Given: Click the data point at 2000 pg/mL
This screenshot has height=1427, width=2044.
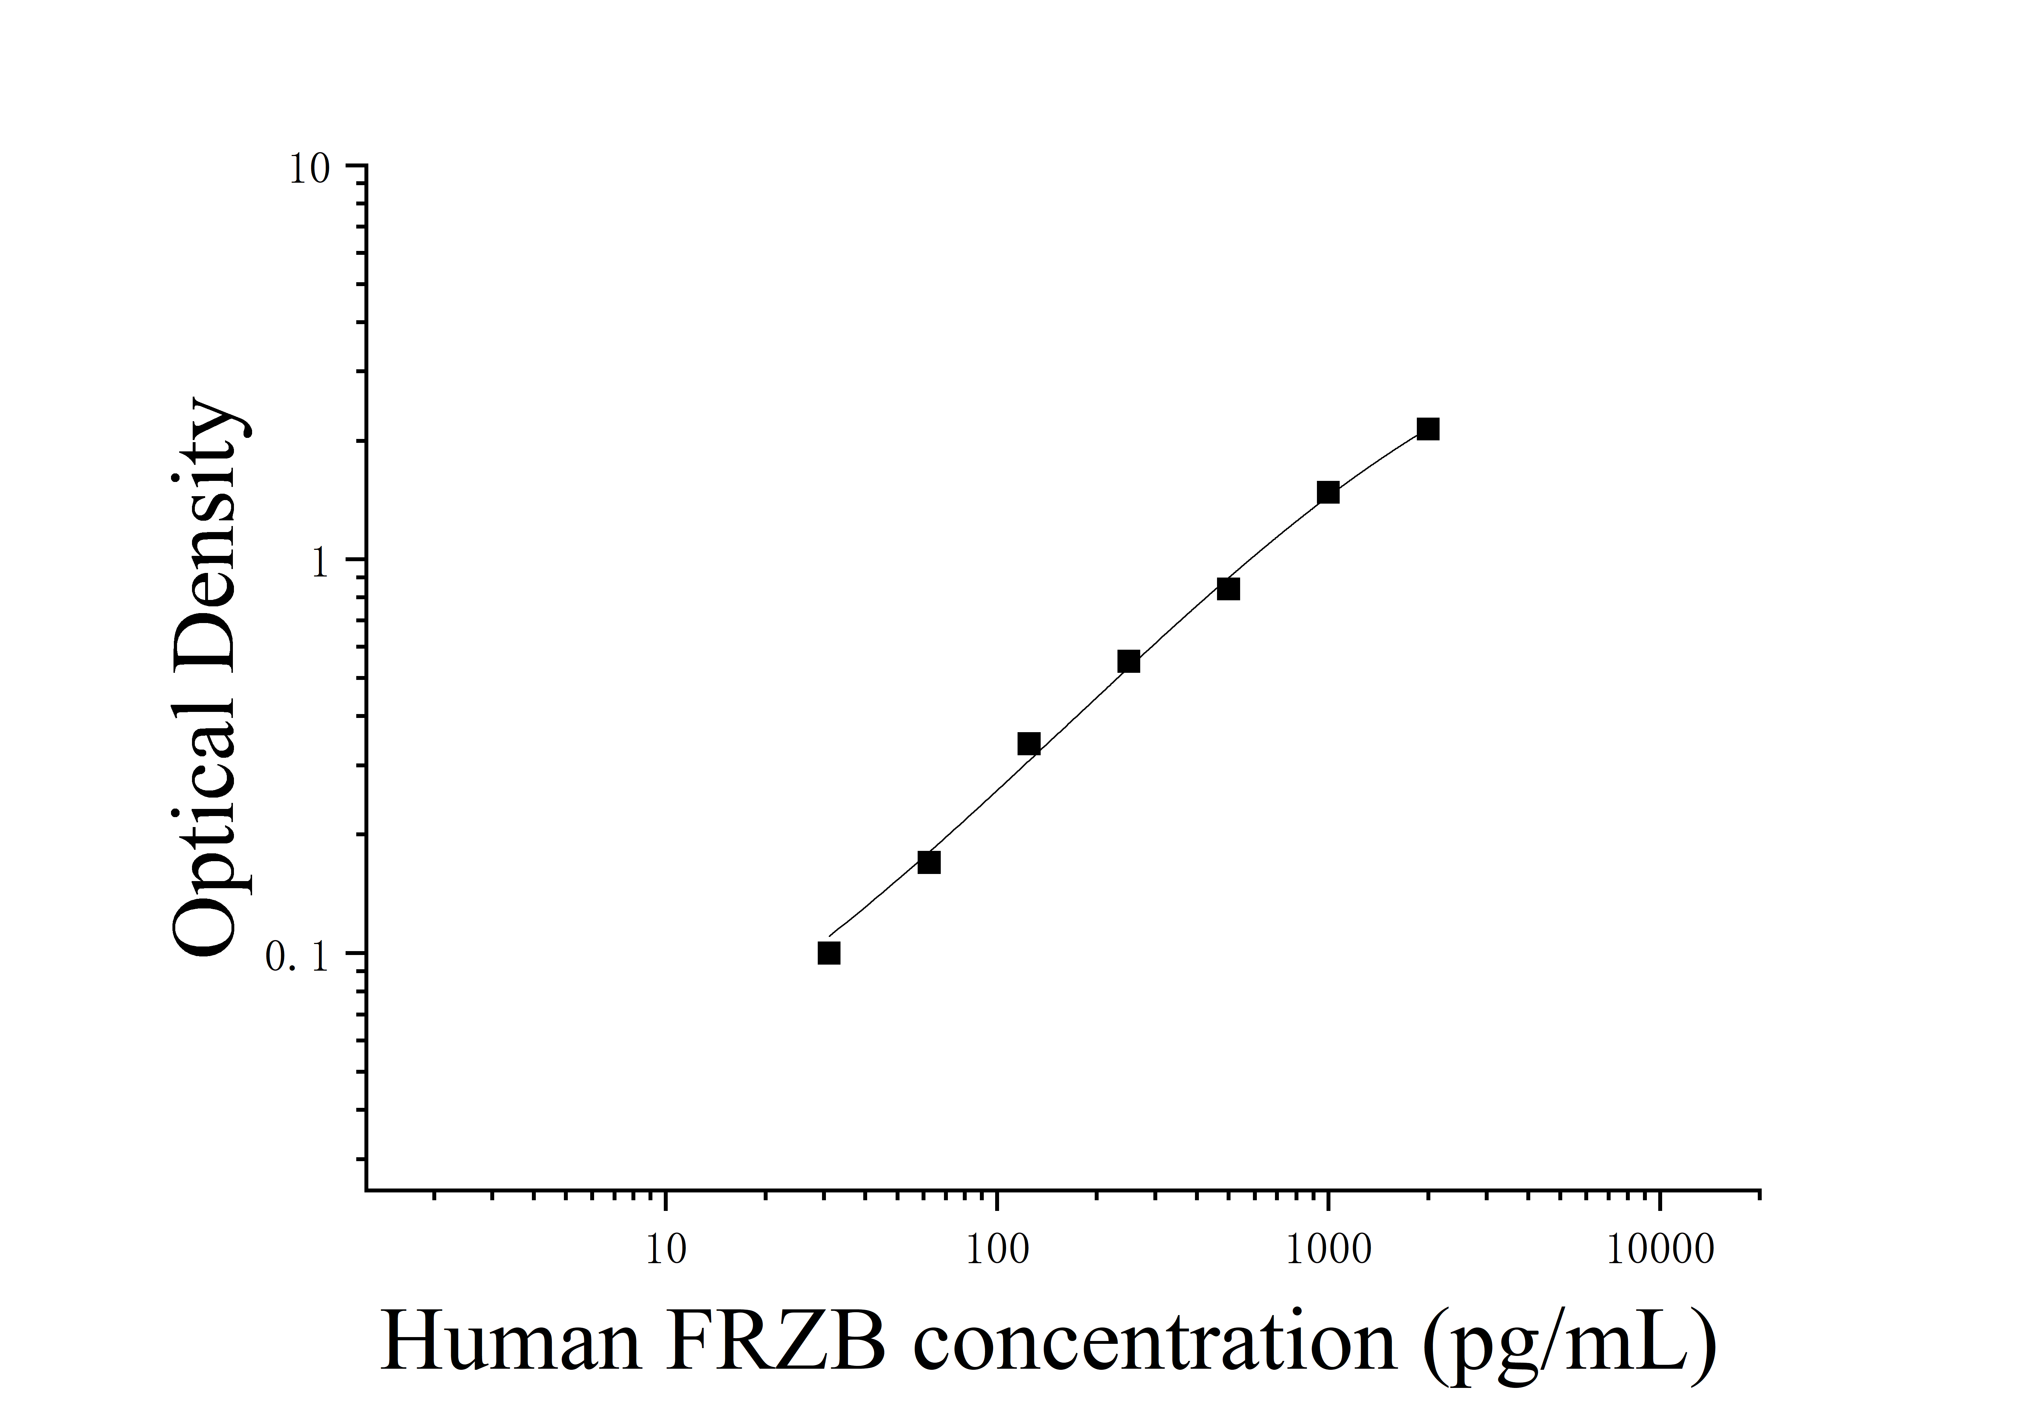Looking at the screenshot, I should click(x=1428, y=429).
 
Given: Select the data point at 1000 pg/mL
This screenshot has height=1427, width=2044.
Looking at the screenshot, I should click(x=1328, y=492).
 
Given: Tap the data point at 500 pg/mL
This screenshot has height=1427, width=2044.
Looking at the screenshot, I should click(x=1228, y=589).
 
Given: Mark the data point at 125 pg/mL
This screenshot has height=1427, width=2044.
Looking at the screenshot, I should click(x=1029, y=743).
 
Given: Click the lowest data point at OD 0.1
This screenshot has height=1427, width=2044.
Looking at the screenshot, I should click(x=829, y=954).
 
